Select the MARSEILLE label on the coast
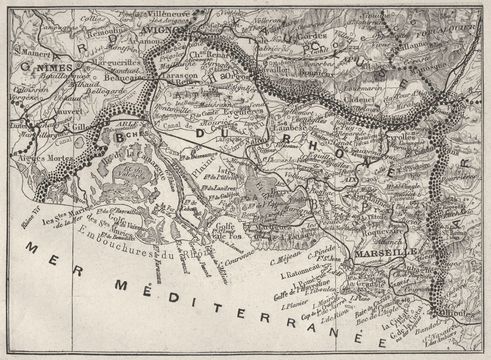tap(379, 253)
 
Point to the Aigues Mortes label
tap(45, 158)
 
